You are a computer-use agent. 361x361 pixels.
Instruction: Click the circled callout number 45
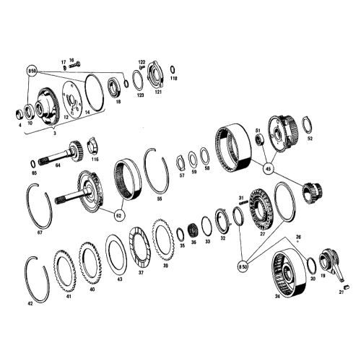[269, 170]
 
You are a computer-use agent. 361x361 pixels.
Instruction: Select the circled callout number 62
[118, 214]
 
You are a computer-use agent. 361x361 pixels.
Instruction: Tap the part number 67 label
[40, 232]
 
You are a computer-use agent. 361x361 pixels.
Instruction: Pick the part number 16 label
[71, 61]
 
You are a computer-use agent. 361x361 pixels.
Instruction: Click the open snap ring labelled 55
[157, 170]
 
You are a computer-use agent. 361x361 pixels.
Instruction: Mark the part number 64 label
[58, 165]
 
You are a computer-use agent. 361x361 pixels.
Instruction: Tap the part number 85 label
[34, 173]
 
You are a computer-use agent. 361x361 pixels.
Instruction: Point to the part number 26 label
[297, 237]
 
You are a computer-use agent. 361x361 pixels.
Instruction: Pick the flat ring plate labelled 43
[116, 252]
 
